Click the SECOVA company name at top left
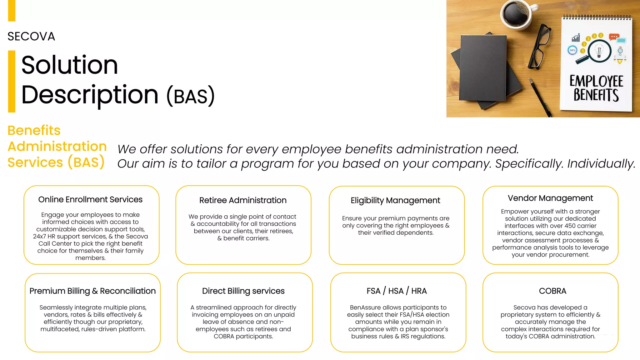click(31, 37)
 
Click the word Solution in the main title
click(69, 65)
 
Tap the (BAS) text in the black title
click(191, 96)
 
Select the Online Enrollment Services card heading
click(90, 199)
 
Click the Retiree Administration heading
click(243, 200)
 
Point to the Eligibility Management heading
click(395, 200)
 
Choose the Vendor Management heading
click(550, 198)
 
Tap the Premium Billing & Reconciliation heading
click(92, 291)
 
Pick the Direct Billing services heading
click(243, 291)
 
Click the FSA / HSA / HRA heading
click(397, 291)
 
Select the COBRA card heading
click(552, 291)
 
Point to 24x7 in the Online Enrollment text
click(39, 237)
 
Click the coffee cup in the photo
click(516, 14)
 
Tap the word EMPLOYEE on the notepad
click(596, 82)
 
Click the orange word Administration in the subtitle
click(57, 147)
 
